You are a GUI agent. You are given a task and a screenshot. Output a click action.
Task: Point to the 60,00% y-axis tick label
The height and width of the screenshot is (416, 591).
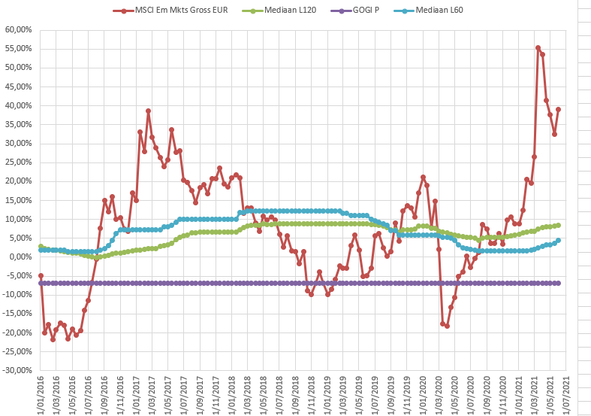tap(17, 30)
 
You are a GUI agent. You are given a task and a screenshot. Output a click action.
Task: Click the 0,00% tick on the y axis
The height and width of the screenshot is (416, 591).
tap(20, 257)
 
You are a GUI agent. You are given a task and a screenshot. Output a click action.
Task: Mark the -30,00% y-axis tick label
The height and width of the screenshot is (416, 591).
tap(17, 371)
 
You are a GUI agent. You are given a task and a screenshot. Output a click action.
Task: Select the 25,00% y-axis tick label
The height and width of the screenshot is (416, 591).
tap(17, 162)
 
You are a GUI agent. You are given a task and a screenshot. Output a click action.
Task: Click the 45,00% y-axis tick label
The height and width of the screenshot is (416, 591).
tap(17, 87)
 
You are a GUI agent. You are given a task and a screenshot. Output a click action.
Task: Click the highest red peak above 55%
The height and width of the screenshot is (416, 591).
tap(538, 47)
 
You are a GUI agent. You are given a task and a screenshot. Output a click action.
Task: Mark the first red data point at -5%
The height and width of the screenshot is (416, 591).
tap(41, 275)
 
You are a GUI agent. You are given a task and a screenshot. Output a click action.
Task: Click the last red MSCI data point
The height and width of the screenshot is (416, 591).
tap(558, 109)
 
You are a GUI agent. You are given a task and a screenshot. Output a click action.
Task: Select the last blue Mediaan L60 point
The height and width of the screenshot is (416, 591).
tap(558, 241)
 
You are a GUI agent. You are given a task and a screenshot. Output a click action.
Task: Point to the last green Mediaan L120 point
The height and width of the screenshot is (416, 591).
tap(558, 225)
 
